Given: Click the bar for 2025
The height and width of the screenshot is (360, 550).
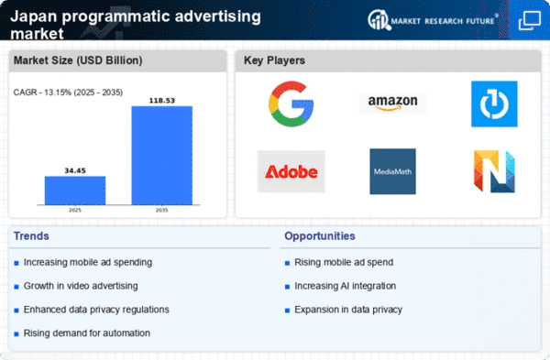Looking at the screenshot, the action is tap(75, 191).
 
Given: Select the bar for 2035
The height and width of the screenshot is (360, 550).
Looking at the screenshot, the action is tap(162, 156).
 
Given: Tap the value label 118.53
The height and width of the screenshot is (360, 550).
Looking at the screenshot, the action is tap(162, 101).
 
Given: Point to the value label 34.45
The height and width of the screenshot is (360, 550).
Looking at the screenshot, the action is tap(75, 170).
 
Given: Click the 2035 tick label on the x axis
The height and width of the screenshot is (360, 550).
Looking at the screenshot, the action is tap(161, 210).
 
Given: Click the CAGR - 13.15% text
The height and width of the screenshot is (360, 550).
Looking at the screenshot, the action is tap(43, 93).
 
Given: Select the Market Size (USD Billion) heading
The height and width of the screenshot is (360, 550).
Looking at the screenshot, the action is tap(78, 60).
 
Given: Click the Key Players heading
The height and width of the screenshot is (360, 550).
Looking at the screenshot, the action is tap(274, 60).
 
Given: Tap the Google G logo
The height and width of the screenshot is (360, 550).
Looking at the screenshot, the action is tap(291, 104).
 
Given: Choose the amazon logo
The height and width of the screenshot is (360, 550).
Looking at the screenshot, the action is tap(392, 104).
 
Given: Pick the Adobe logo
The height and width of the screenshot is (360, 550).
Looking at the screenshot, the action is tap(291, 172).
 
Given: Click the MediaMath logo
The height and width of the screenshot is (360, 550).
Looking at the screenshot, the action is tap(393, 171).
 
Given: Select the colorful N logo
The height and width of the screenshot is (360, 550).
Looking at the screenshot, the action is tap(494, 171).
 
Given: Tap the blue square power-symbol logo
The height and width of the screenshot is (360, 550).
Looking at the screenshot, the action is tap(494, 104).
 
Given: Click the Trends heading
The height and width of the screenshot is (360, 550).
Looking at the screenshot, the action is tap(31, 236).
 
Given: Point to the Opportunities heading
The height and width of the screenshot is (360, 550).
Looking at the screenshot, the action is tap(320, 236).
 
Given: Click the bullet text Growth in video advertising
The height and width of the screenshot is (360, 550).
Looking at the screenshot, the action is tap(81, 286).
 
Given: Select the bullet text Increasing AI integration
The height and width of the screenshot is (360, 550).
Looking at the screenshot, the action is tap(346, 286).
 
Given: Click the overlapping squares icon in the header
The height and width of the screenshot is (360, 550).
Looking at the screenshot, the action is tap(530, 20).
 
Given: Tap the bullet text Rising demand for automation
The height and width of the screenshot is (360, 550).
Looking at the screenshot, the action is tap(87, 333).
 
